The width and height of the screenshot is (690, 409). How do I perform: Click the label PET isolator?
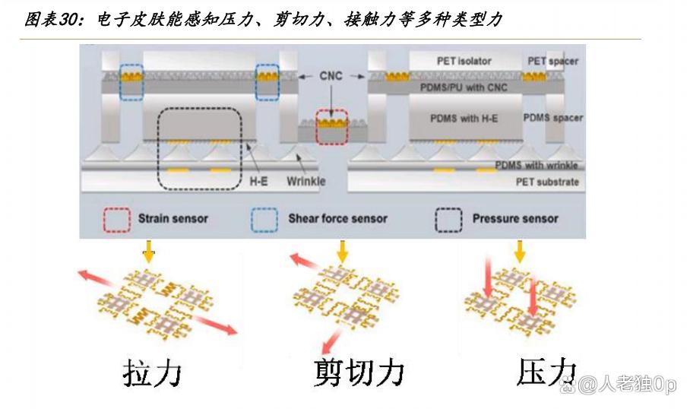(x=464, y=61)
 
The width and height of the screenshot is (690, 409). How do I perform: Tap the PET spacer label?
(x=553, y=61)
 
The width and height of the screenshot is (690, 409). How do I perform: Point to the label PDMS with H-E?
(x=464, y=119)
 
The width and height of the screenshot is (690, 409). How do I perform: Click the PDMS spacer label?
(x=553, y=118)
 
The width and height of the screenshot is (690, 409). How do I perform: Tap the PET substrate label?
(x=546, y=182)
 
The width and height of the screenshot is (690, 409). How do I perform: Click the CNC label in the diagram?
(x=332, y=76)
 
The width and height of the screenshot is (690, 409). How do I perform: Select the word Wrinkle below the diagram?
(x=306, y=181)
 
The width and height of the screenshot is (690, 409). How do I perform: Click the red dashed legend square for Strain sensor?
(x=116, y=219)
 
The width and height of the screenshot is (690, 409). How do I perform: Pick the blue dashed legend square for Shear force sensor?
(x=264, y=219)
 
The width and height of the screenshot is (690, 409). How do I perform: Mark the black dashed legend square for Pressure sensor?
(x=449, y=219)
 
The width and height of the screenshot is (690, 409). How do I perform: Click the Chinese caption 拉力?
(x=153, y=373)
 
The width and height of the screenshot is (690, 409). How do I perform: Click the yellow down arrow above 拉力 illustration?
(x=149, y=252)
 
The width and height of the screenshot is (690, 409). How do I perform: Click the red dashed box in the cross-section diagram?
(x=331, y=126)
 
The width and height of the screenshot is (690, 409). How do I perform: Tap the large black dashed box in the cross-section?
(x=199, y=146)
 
